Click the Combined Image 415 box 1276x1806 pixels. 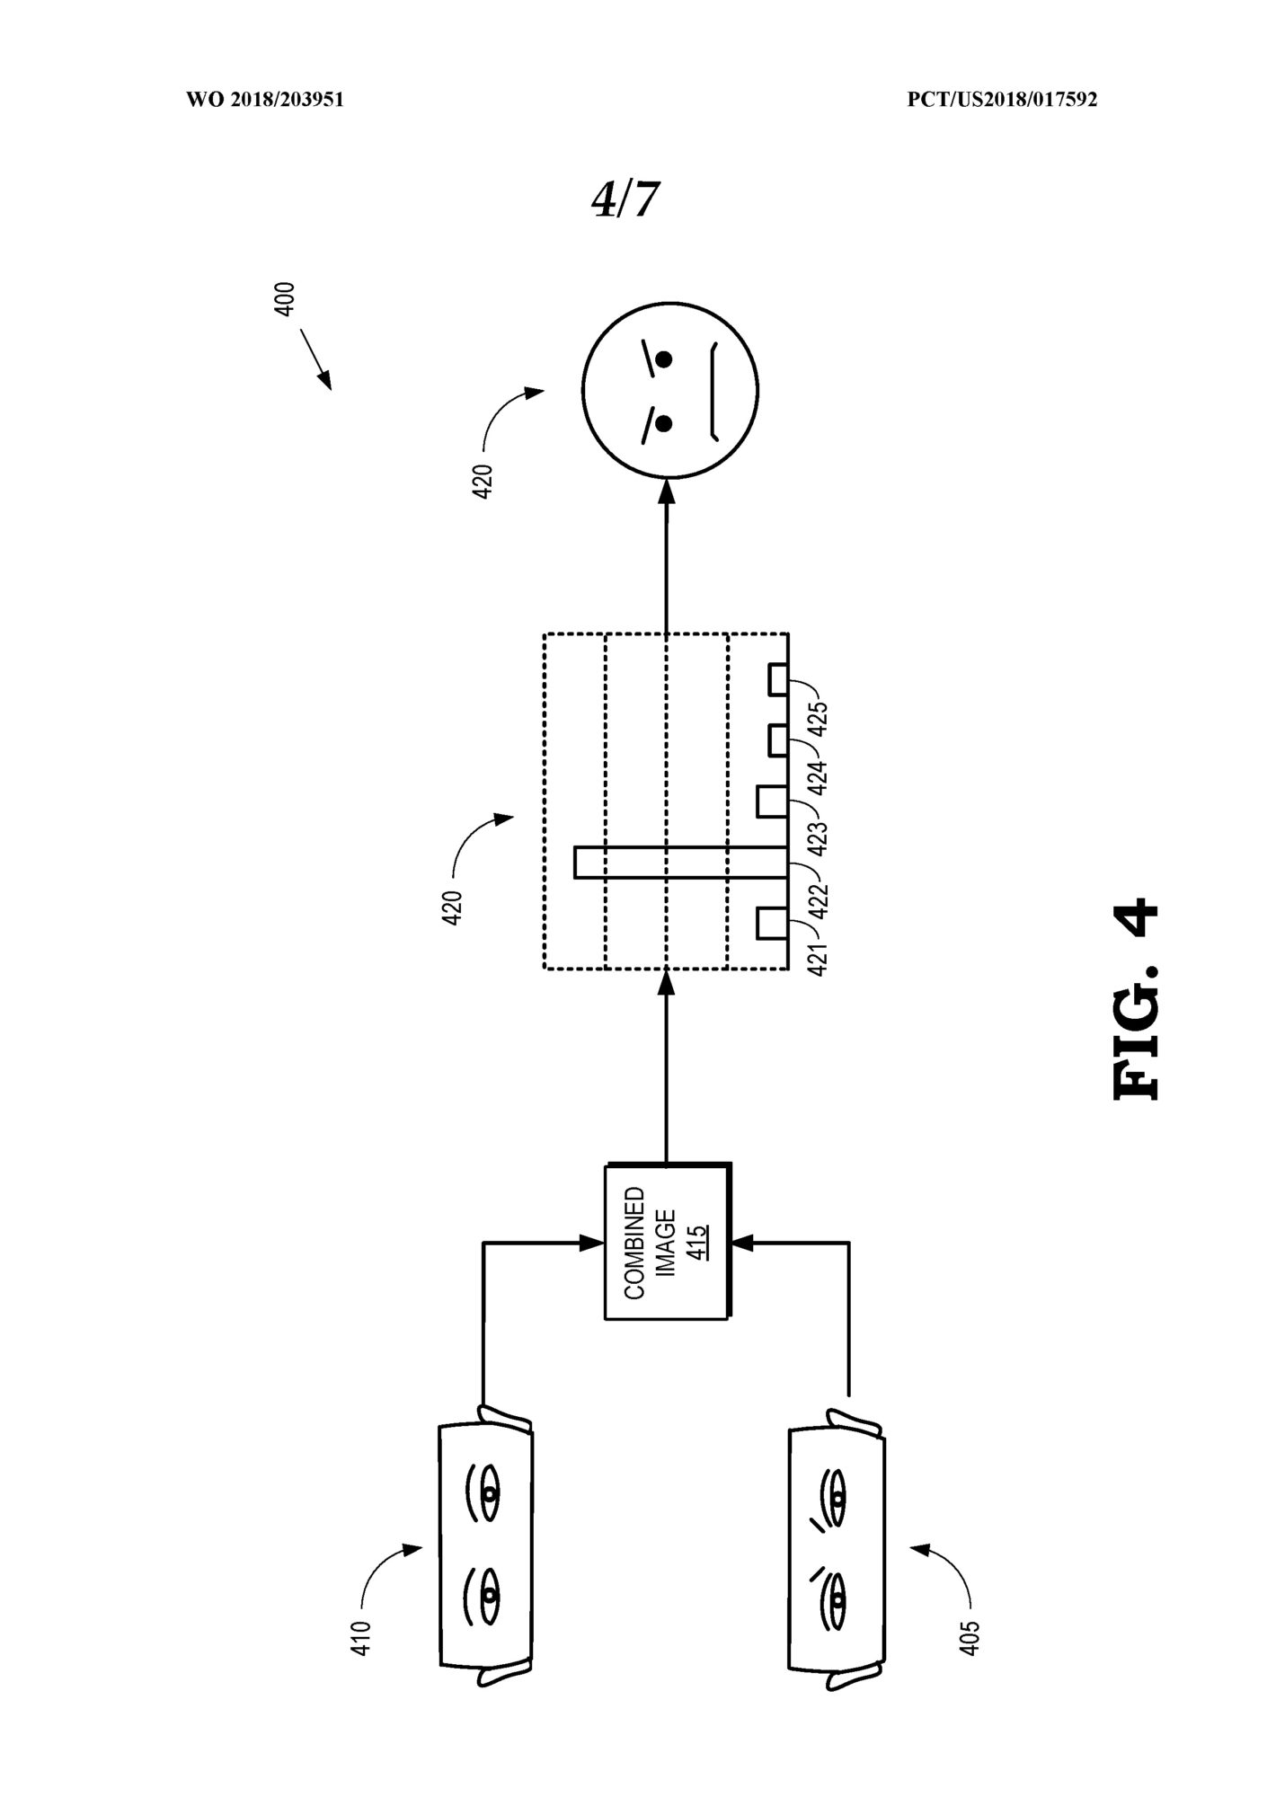[668, 1242]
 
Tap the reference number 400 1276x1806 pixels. [284, 299]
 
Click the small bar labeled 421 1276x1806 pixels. [773, 924]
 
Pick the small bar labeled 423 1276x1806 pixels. [773, 801]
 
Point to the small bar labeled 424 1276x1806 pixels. [779, 740]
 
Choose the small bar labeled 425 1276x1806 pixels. [779, 679]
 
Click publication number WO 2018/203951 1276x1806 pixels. [265, 100]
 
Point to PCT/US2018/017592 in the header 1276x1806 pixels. [1002, 100]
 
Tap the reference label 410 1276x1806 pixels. [361, 1638]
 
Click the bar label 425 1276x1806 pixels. [819, 718]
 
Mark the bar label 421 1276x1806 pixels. [819, 959]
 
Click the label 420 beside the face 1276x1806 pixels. [483, 482]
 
